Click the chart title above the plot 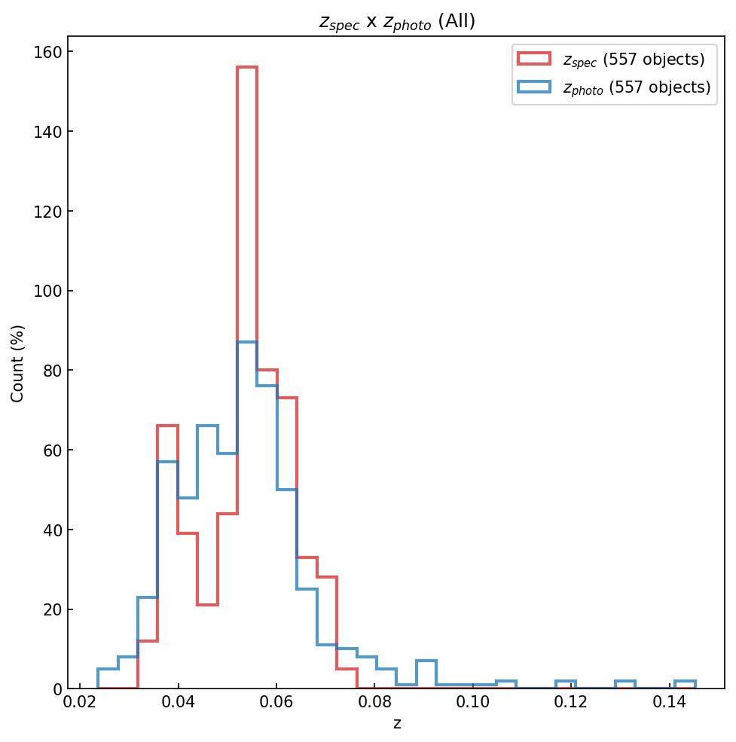(397, 22)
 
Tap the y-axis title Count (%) (18, 363)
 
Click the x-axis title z (397, 723)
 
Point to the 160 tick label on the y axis (47, 52)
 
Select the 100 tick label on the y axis (47, 292)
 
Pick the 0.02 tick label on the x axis (80, 704)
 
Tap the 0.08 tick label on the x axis (374, 704)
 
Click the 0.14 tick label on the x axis (669, 704)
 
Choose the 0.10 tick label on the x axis (472, 704)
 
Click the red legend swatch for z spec (534, 59)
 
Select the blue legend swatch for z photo (534, 87)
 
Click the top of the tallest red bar (247, 67)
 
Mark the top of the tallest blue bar (247, 342)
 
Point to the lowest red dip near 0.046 (207, 604)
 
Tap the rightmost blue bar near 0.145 (685, 682)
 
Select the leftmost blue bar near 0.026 (108, 669)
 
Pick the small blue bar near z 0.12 (566, 682)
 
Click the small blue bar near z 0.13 (625, 682)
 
